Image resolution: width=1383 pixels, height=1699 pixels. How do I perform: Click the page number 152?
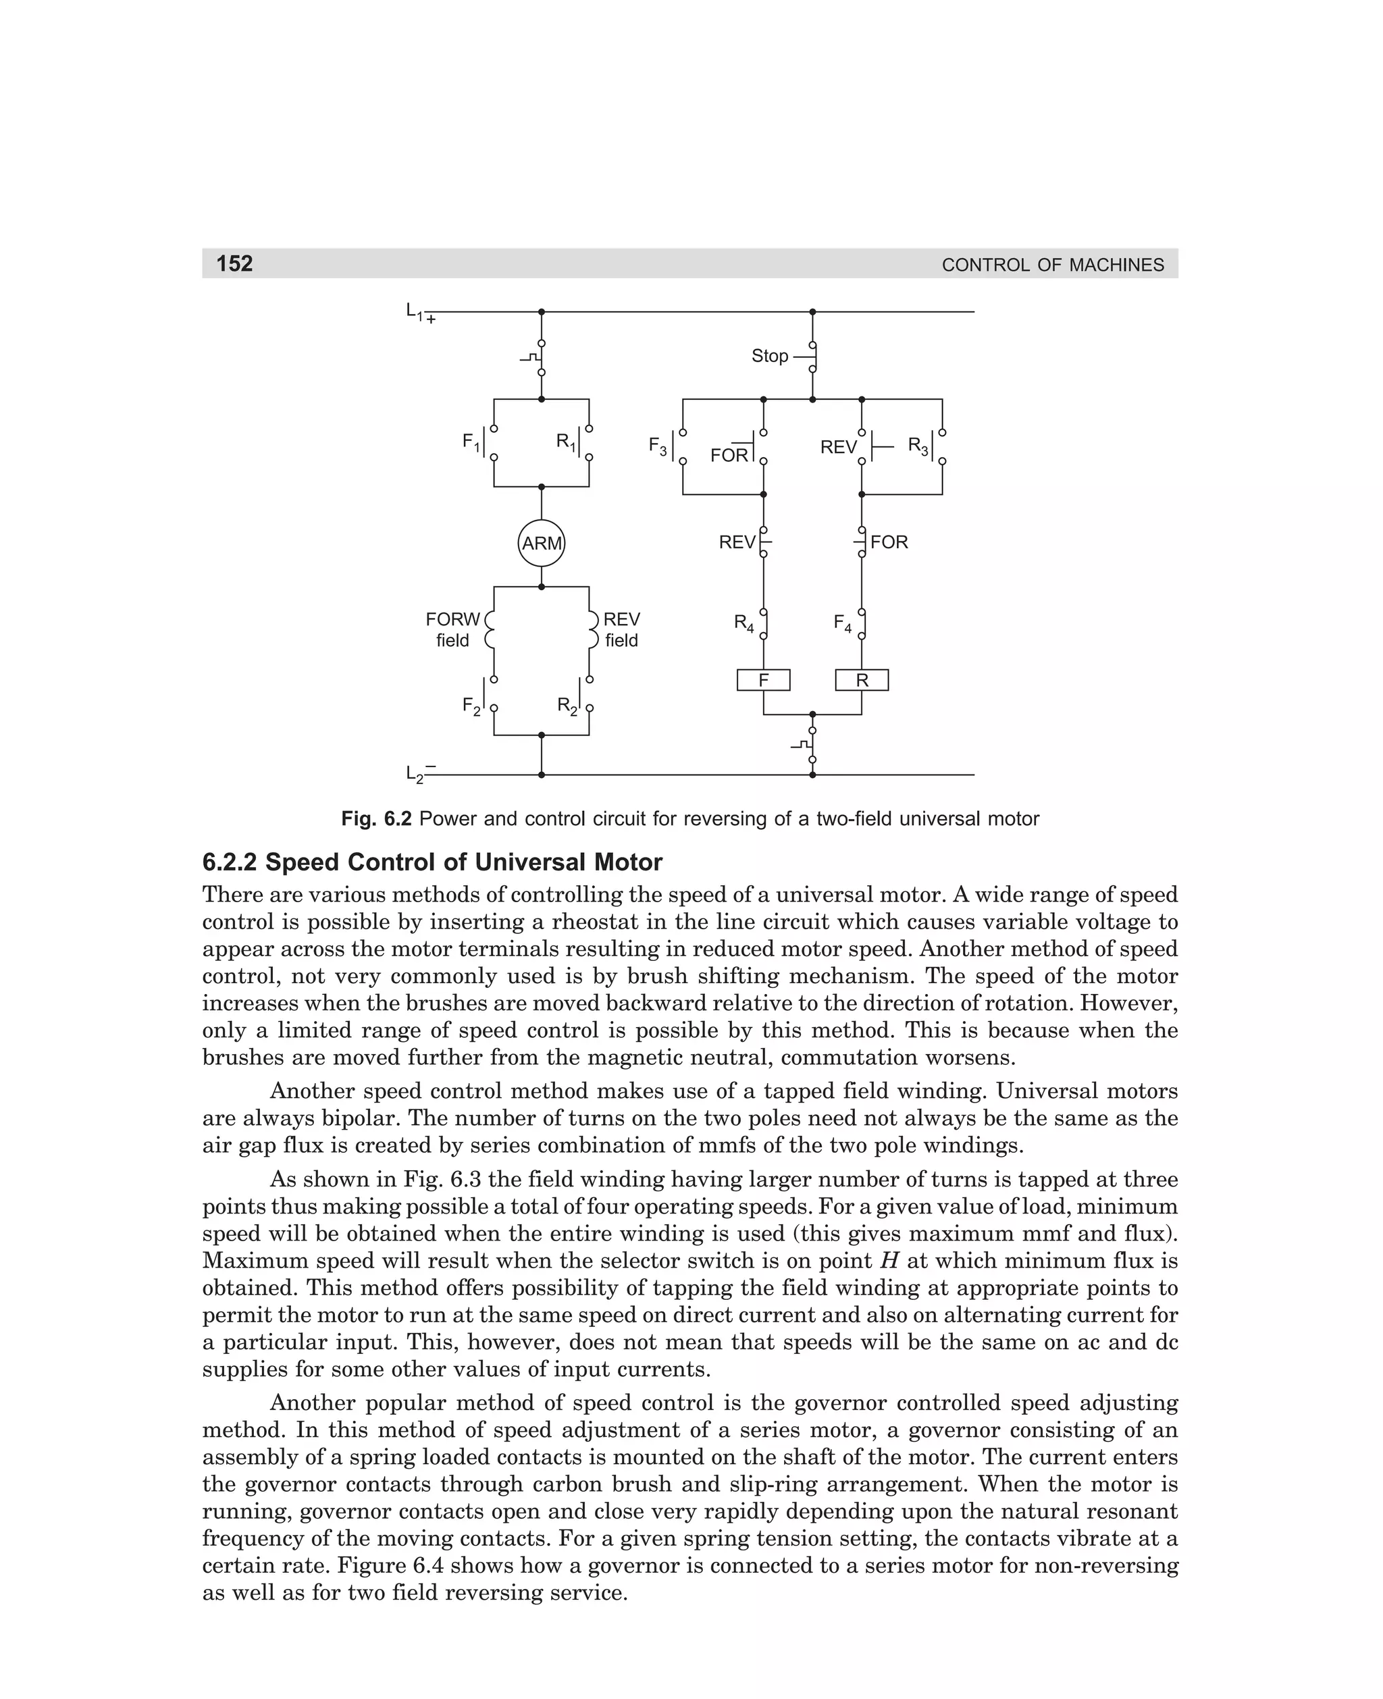[234, 263]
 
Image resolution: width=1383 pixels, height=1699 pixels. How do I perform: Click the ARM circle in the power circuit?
[541, 543]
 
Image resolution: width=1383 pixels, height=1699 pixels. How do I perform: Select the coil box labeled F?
[763, 680]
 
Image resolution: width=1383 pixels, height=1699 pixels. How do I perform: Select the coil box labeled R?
[861, 680]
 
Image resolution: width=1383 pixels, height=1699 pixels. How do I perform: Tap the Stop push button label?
[770, 356]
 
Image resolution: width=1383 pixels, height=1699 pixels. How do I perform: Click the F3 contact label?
[657, 447]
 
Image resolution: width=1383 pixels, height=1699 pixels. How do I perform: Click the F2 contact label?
[471, 706]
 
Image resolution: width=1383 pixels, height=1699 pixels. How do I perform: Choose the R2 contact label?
[567, 706]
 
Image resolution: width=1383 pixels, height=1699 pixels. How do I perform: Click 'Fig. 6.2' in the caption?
[376, 819]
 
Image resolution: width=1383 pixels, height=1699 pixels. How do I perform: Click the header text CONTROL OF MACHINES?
[1052, 265]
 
